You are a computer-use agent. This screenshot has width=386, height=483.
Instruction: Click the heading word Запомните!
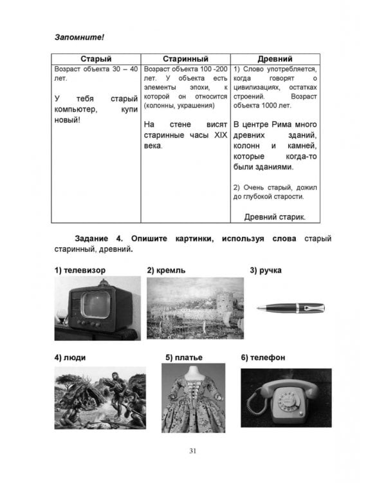click(79, 38)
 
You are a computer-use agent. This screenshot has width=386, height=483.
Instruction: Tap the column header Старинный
click(185, 59)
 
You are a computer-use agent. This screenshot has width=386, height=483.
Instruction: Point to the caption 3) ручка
click(265, 270)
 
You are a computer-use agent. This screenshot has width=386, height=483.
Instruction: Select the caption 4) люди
click(70, 357)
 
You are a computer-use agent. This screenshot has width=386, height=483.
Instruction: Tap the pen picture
click(290, 308)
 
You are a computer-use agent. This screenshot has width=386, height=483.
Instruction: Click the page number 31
click(192, 450)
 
